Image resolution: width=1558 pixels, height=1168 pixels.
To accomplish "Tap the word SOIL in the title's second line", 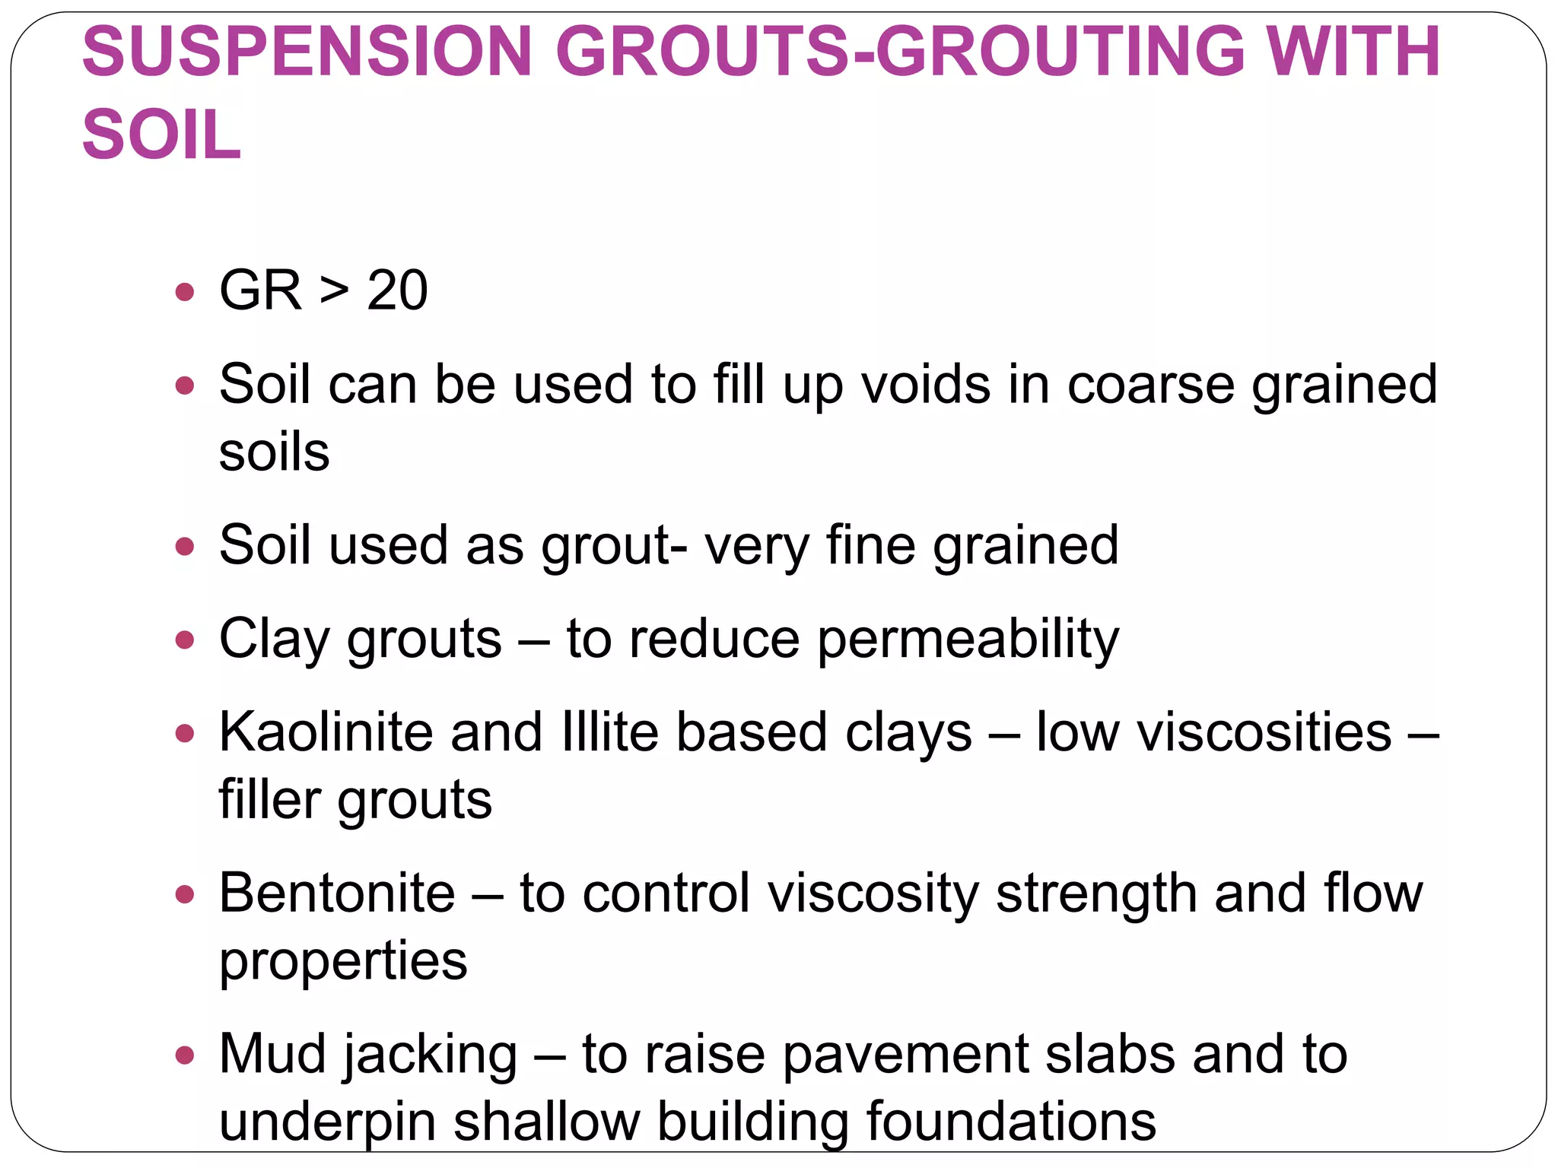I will coord(161,135).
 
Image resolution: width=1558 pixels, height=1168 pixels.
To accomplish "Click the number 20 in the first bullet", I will coord(397,290).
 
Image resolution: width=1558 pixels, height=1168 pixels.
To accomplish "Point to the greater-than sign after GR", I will coord(334,290).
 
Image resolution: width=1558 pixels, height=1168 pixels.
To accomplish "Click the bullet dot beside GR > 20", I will coord(185,292).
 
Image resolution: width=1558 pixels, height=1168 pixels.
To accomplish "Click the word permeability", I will coord(968,639).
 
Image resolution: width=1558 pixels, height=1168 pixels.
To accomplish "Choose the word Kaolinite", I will coord(326,732).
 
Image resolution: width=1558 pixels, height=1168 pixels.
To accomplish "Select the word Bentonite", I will coord(337,893).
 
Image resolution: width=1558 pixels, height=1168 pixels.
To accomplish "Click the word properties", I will coord(343,961).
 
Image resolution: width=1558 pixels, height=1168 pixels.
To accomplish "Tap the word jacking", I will coord(431,1055).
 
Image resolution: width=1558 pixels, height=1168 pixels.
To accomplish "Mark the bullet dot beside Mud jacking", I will coord(185,1055).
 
